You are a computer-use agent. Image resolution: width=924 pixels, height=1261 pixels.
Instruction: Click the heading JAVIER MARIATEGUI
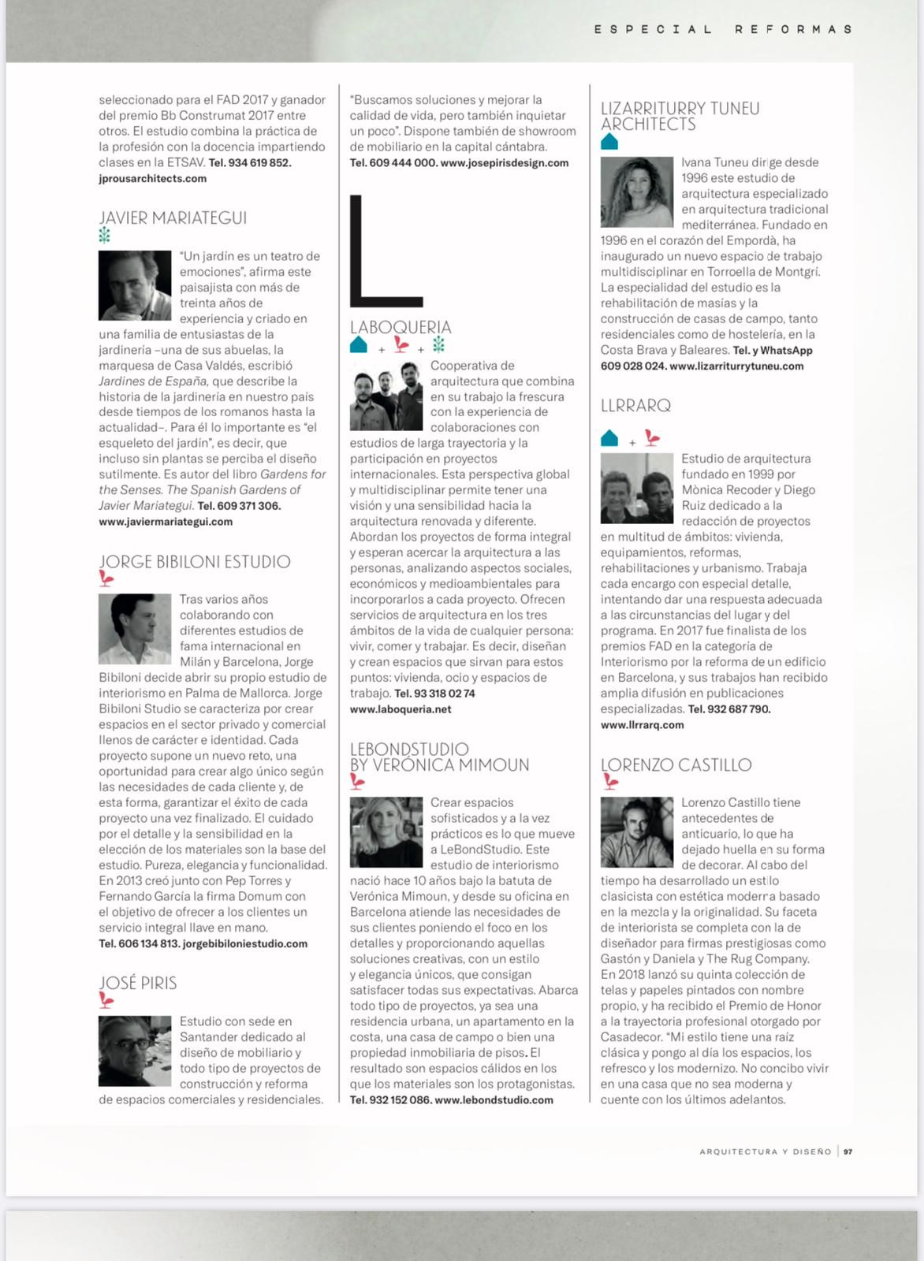[173, 218]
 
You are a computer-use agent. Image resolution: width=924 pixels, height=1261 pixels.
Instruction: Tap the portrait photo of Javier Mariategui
[135, 285]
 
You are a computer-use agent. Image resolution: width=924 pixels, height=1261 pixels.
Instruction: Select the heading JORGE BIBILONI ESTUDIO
[195, 562]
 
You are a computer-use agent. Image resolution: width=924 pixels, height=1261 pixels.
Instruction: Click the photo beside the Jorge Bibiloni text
[135, 629]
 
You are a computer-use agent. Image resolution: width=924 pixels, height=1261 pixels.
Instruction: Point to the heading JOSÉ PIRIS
[138, 983]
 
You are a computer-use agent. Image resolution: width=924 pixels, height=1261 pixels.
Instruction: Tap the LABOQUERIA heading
[401, 327]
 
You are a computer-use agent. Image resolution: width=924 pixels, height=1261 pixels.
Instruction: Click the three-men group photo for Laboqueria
[386, 400]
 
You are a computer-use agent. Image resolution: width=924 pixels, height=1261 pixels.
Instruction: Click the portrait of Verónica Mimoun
[386, 832]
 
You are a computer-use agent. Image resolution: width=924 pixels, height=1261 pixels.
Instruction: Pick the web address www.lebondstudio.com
[494, 1099]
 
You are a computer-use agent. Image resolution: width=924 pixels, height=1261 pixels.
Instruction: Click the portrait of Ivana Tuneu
[637, 192]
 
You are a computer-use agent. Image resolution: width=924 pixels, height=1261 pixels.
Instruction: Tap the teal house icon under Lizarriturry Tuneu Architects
[609, 142]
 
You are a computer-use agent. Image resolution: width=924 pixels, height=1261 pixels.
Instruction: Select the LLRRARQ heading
[635, 406]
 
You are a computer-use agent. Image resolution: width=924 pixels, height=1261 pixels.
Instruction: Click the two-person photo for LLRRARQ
[637, 489]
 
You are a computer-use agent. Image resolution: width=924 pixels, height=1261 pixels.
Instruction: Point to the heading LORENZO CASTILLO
[676, 765]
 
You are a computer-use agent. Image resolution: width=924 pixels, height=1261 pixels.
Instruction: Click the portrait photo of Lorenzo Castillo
[637, 832]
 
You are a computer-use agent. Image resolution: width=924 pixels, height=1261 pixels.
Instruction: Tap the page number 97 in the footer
[848, 1151]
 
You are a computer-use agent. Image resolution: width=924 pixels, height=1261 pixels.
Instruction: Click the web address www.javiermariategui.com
[166, 522]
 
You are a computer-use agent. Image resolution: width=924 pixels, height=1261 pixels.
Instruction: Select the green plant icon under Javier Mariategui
[104, 236]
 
